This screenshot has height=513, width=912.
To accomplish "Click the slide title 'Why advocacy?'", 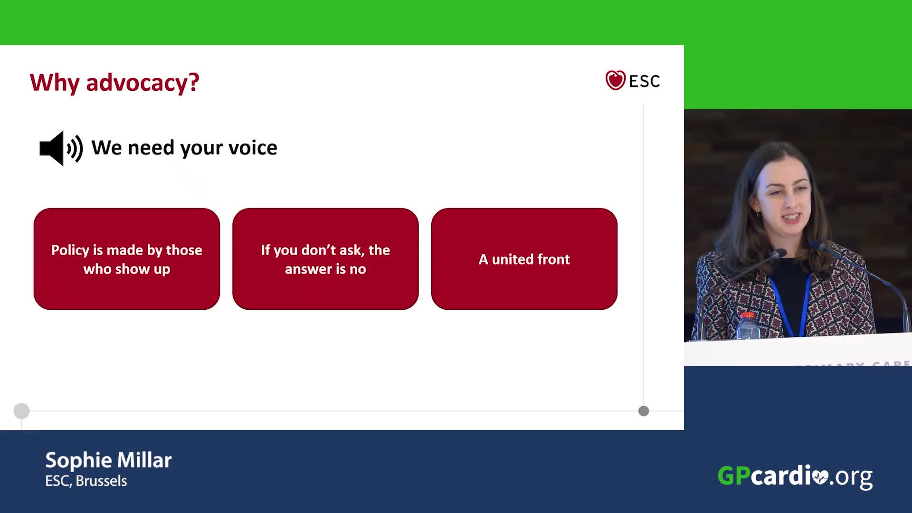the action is coord(114,83).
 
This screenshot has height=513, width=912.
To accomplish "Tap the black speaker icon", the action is coord(61,148).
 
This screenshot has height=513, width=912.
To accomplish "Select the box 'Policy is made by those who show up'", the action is coord(127,259).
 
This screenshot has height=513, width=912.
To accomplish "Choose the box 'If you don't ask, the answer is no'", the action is coord(325,259).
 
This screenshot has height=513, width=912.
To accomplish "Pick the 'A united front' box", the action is coord(524,259).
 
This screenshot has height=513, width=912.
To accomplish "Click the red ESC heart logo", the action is coord(615,80).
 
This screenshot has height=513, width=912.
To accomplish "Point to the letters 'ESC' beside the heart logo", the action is coord(645,81).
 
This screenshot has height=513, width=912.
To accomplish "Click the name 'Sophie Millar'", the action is coord(108,460).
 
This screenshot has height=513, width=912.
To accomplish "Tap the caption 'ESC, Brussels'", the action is coord(86,481).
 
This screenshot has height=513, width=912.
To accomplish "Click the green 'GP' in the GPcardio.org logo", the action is coord(734,475).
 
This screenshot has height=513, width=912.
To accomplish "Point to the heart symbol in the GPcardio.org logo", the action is coord(820,476).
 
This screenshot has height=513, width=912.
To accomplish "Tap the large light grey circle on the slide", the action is coord(21,411).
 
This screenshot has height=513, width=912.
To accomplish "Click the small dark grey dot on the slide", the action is coord(644,411).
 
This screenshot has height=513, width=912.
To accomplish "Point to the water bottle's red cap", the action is coord(748,315).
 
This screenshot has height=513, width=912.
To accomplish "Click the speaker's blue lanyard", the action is coord(789,304).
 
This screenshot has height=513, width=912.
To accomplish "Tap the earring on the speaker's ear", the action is coord(758,214).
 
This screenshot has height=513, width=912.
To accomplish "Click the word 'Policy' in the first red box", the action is coord(70,250).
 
